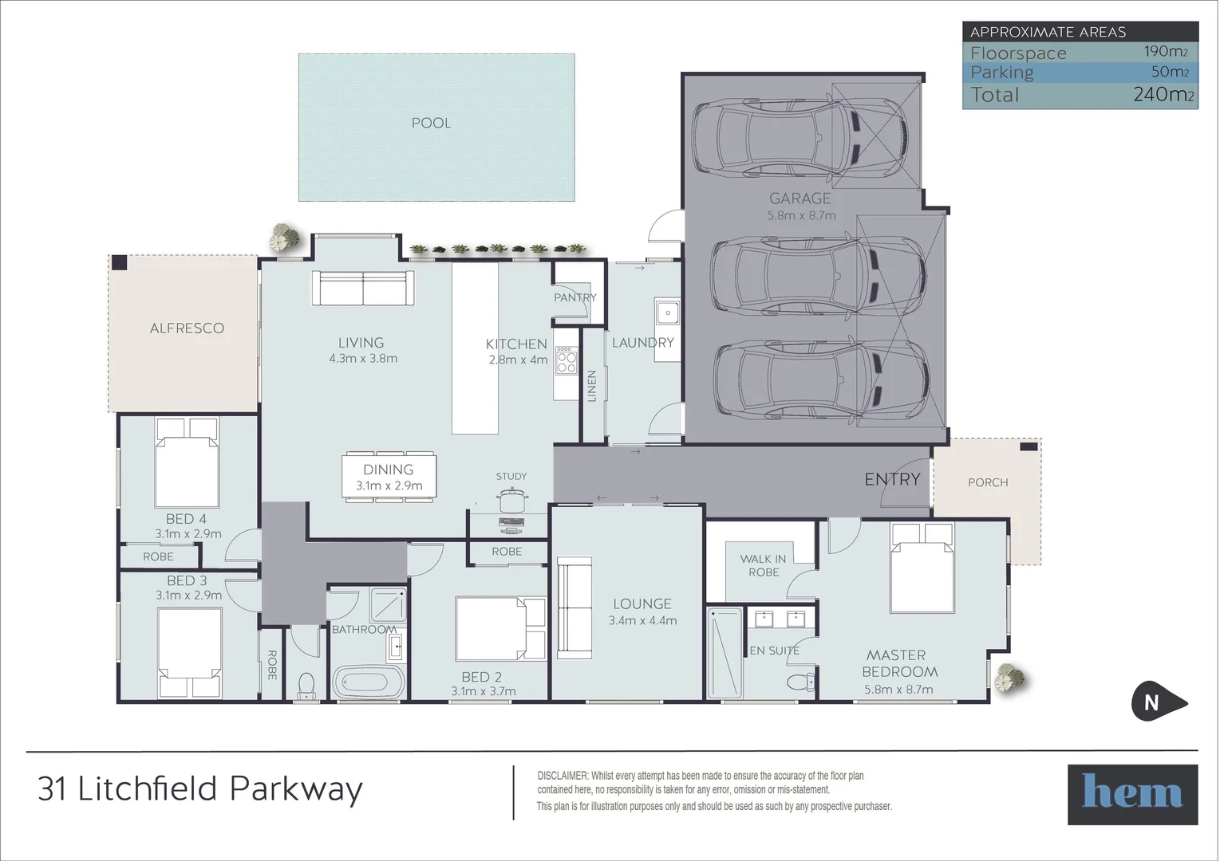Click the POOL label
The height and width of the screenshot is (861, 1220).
tap(431, 123)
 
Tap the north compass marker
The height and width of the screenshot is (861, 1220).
tap(1155, 702)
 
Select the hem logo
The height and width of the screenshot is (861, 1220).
tap(1132, 794)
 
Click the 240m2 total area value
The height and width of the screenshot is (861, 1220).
tap(1163, 95)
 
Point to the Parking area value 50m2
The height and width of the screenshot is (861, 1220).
tap(1169, 72)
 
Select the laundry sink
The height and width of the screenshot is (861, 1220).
tap(666, 313)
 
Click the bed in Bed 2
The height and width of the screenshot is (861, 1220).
tap(500, 627)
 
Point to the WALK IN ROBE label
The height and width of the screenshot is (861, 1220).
tap(763, 565)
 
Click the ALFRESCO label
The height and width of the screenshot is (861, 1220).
tap(187, 328)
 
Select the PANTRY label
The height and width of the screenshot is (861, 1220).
tap(574, 297)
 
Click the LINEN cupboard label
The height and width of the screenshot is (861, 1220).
tap(592, 386)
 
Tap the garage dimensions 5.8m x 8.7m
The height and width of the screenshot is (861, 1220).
tap(801, 215)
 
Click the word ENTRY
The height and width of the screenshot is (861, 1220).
tap(892, 479)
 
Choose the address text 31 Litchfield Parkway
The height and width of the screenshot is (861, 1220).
tap(200, 788)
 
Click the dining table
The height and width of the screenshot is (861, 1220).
tap(389, 477)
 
